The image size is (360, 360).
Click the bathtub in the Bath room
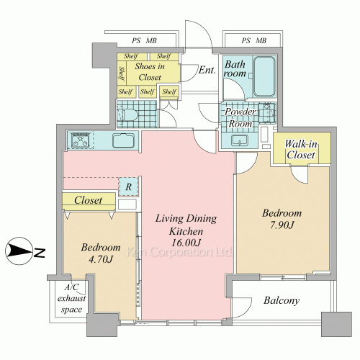[264, 76]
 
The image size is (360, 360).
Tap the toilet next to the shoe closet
[127, 114]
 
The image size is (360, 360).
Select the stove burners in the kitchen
[81, 140]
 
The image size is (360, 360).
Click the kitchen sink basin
[123, 140]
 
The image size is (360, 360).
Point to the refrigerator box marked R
[129, 186]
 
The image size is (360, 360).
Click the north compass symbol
[19, 251]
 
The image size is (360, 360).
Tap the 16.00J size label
[186, 243]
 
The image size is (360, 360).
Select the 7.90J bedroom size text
[282, 225]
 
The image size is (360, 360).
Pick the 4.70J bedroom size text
[101, 259]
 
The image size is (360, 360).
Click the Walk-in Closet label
[301, 150]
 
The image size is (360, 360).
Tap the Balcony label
[282, 300]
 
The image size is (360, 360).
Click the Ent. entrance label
[207, 70]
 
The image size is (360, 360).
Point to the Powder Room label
[240, 117]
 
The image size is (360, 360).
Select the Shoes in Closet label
[150, 71]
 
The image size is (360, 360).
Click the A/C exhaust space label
[71, 298]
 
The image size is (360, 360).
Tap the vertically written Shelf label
[122, 73]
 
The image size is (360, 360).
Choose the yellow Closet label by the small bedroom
[88, 200]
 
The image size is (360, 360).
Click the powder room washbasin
[240, 140]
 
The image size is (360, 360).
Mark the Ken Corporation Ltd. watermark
[179, 252]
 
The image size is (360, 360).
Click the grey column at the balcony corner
[336, 324]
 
